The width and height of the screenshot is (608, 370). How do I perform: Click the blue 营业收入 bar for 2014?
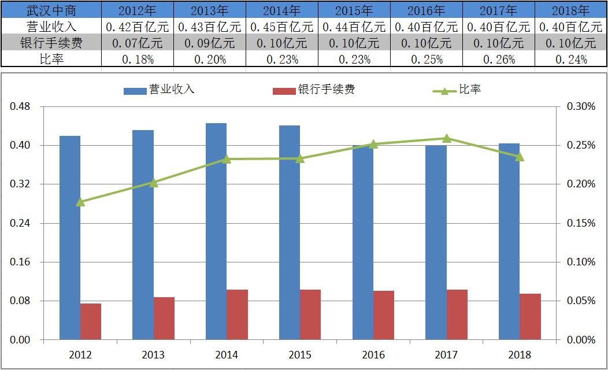pyautogui.click(x=216, y=231)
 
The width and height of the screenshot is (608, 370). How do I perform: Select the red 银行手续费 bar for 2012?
pyautogui.click(x=91, y=321)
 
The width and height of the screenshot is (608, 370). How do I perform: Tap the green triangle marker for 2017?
pyautogui.click(x=446, y=138)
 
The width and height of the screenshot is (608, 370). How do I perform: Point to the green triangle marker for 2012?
pyautogui.click(x=80, y=202)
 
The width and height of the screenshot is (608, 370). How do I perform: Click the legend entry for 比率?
pyautogui.click(x=457, y=90)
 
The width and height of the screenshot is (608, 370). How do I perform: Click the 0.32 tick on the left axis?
pyautogui.click(x=20, y=184)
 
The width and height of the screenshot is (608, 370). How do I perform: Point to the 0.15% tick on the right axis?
pyautogui.click(x=581, y=223)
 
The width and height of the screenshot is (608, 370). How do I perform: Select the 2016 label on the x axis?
pyautogui.click(x=373, y=354)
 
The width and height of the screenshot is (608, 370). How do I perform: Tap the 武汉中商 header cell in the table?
pyautogui.click(x=51, y=10)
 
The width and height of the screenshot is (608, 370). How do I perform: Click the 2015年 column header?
pyautogui.click(x=354, y=10)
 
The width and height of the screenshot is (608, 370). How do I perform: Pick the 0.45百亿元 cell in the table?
pyautogui.click(x=281, y=27)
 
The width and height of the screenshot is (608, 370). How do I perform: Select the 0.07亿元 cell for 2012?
pyautogui.click(x=138, y=43)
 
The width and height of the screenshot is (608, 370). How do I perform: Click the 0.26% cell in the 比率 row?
pyautogui.click(x=498, y=59)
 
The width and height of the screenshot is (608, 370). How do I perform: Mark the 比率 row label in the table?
pyautogui.click(x=51, y=59)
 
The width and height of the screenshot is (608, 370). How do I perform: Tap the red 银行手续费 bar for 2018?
pyautogui.click(x=530, y=317)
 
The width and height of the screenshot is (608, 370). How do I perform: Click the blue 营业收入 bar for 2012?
pyautogui.click(x=70, y=238)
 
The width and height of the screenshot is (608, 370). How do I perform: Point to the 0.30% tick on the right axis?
pyautogui.click(x=581, y=107)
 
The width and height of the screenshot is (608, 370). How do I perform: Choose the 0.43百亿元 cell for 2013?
pyautogui.click(x=209, y=27)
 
